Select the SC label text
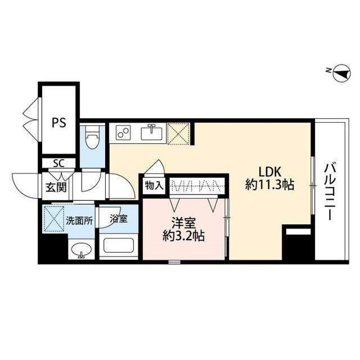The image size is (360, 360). [58, 164]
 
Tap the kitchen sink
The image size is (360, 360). [151, 134]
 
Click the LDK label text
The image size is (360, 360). [269, 171]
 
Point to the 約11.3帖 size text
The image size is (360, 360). [269, 185]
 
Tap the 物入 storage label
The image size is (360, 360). [154, 186]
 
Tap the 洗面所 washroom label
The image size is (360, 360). [78, 220]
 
